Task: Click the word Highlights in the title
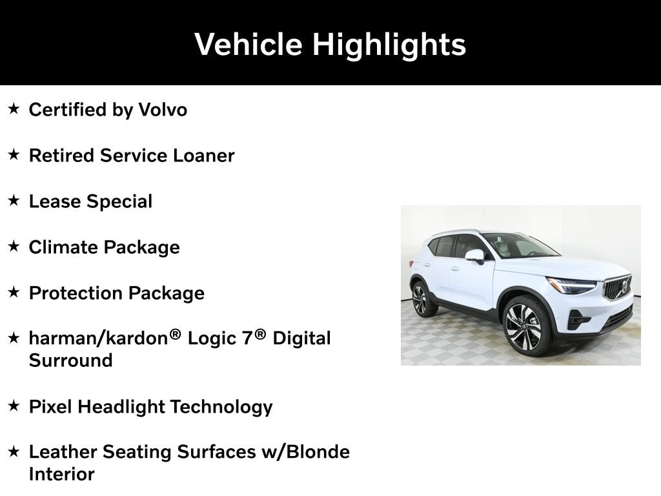tap(389, 45)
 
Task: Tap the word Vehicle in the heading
tap(249, 45)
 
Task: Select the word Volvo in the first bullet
tap(163, 110)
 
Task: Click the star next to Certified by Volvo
tap(14, 108)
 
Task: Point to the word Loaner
tap(203, 156)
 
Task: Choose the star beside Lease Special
tap(14, 200)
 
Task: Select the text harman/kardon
tap(99, 338)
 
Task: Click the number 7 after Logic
tap(247, 338)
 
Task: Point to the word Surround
tap(71, 360)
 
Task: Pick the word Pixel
tap(50, 407)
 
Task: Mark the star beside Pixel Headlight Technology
tap(14, 406)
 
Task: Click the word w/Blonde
tap(305, 452)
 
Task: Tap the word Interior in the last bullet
tap(61, 475)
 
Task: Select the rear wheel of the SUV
tap(420, 300)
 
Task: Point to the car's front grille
tap(618, 287)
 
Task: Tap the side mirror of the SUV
tap(475, 256)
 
